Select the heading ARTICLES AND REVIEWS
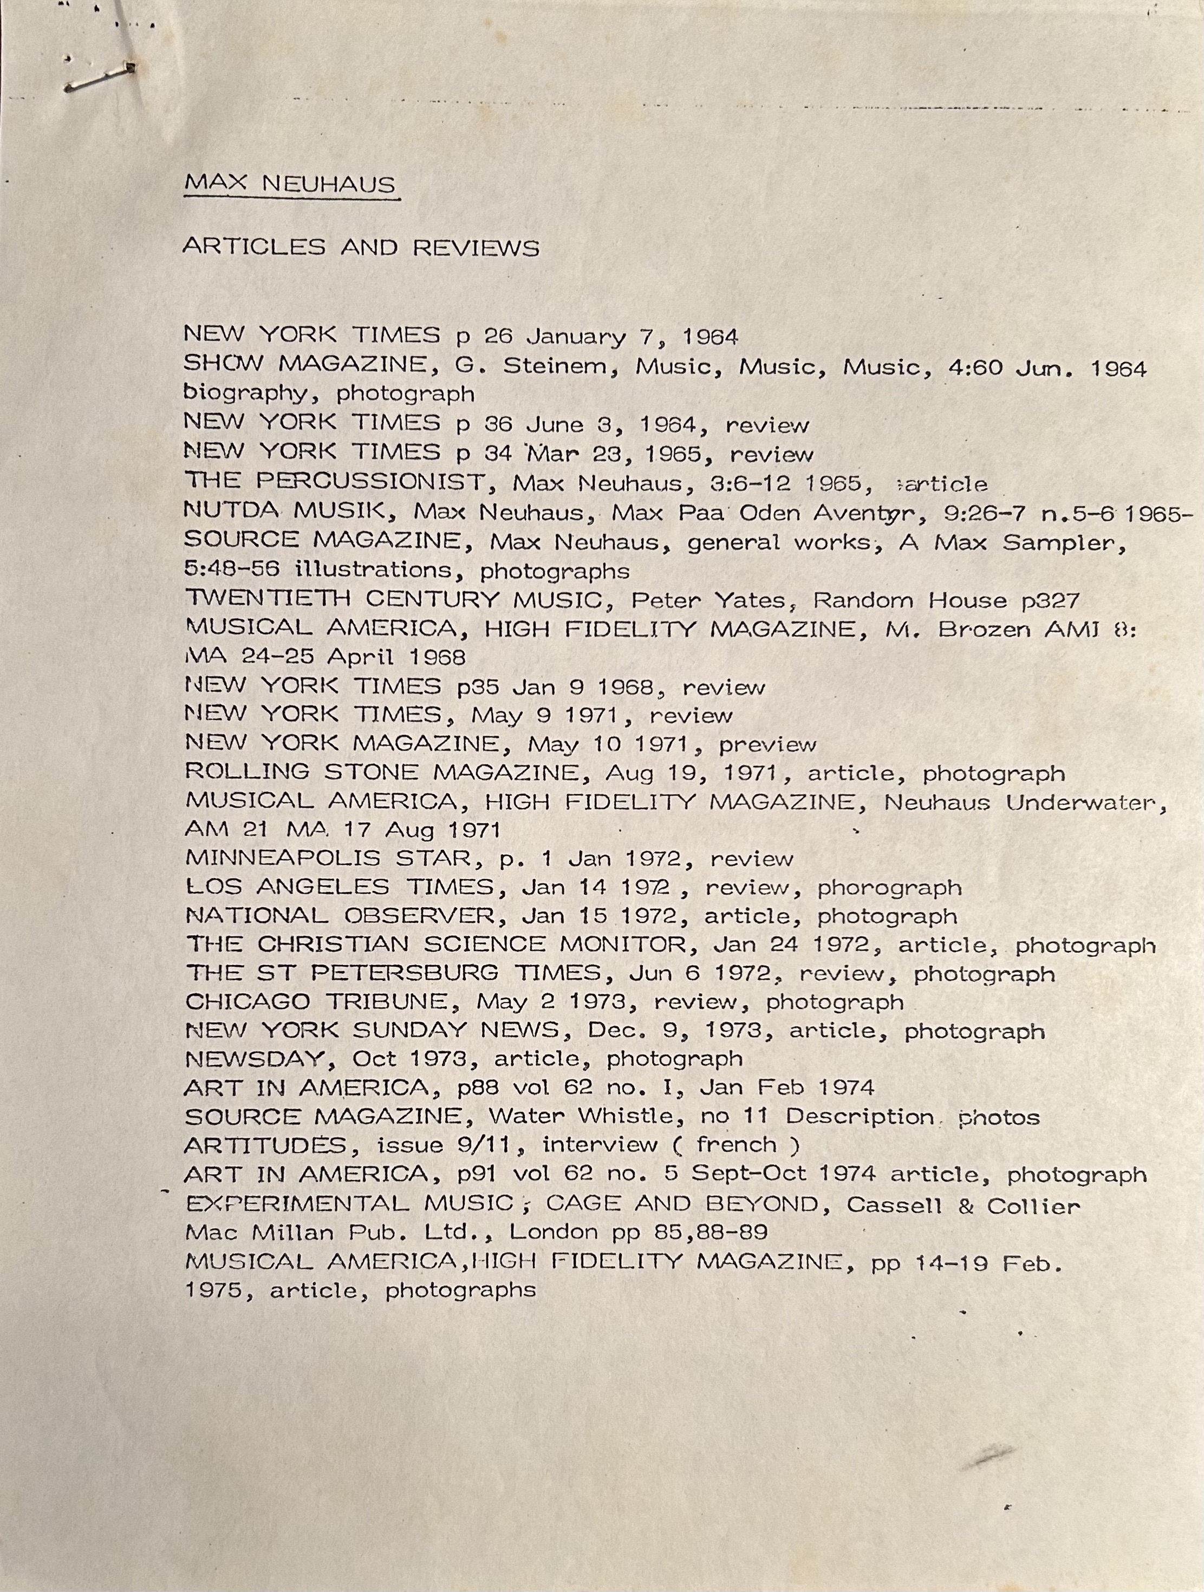point(361,247)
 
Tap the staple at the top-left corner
point(100,78)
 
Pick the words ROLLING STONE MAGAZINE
point(382,772)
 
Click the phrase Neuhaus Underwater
point(1024,802)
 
